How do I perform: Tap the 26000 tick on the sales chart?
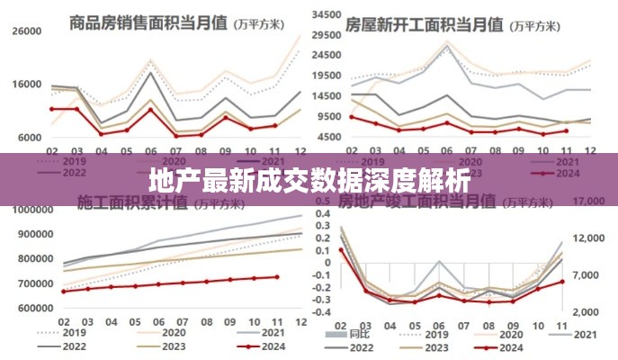pos(27,31)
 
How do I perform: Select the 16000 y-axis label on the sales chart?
pos(27,85)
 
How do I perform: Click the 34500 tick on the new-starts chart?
pos(328,16)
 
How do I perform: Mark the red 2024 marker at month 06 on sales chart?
pos(151,109)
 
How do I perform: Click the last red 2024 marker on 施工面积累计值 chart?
pos(276,277)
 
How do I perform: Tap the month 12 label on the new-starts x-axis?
pos(589,149)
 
